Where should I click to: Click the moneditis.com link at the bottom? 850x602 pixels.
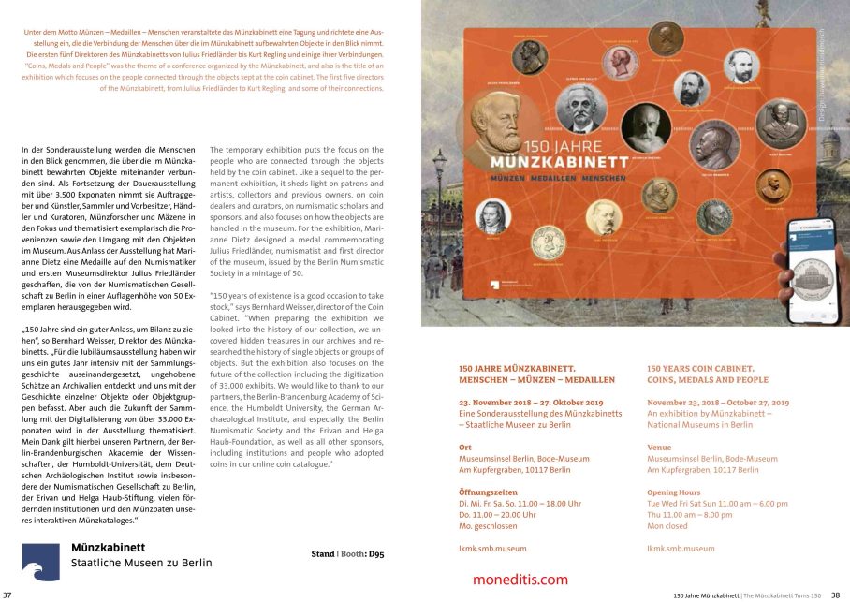tap(520, 580)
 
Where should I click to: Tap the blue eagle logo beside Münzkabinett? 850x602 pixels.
tap(42, 560)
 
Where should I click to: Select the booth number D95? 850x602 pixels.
tap(375, 554)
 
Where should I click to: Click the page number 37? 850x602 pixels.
tap(7, 595)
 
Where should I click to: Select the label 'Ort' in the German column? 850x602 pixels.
tap(465, 448)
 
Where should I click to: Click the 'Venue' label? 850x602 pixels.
tap(659, 448)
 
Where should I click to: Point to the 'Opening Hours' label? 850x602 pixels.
tap(673, 492)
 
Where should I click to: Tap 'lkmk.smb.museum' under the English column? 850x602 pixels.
tap(681, 548)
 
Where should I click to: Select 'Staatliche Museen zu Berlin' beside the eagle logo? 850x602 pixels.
tap(141, 564)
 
